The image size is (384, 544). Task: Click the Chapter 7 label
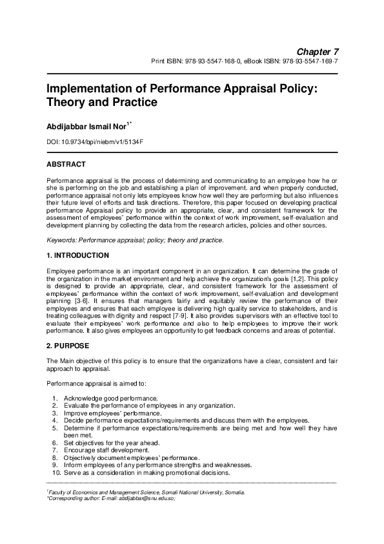[x=317, y=51]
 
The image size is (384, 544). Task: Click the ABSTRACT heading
[x=66, y=164]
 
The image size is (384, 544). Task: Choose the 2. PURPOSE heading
[x=68, y=346]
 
